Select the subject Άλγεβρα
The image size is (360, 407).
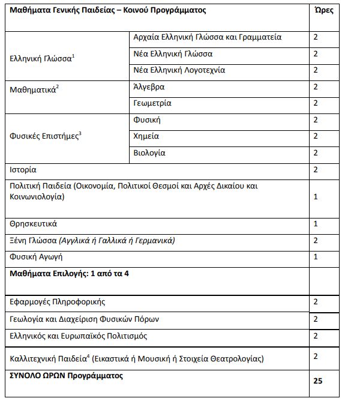click(x=148, y=86)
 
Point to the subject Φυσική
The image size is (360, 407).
click(x=146, y=120)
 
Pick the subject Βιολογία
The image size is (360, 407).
click(x=149, y=153)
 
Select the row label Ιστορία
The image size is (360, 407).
click(x=23, y=169)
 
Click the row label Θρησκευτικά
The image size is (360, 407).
click(x=34, y=224)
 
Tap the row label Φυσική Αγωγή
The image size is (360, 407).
click(x=37, y=256)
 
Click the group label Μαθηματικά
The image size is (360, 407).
click(x=33, y=90)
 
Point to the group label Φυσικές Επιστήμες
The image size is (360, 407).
click(x=44, y=136)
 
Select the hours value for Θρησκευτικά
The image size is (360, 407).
click(x=316, y=224)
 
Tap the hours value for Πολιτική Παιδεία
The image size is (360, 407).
click(x=316, y=196)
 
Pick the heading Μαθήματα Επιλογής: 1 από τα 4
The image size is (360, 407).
click(x=69, y=273)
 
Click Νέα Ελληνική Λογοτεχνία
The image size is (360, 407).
click(x=179, y=70)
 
